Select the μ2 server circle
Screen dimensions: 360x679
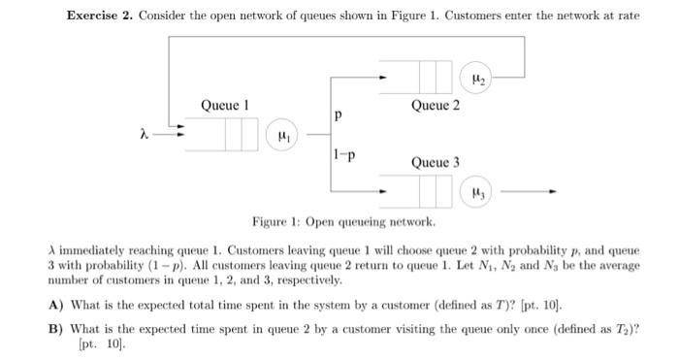point(477,76)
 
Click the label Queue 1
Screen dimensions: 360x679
point(225,104)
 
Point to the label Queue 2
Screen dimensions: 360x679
point(435,104)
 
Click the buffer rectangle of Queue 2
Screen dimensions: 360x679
point(431,76)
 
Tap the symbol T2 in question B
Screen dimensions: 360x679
point(619,327)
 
